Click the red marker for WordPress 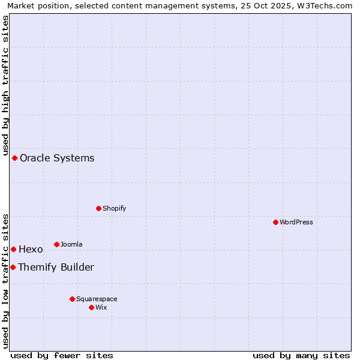tap(275, 222)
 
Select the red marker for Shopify tap(98, 208)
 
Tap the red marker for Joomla tap(56, 244)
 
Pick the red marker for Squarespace tap(72, 299)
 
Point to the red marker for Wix tap(91, 307)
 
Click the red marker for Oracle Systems tap(14, 158)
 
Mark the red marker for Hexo tap(13, 249)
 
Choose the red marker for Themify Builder tap(13, 267)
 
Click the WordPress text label tap(296, 222)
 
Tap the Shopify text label tap(115, 208)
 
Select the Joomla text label tap(71, 244)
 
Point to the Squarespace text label tap(97, 299)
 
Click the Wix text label tap(101, 307)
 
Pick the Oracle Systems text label tap(57, 158)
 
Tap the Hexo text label tap(31, 249)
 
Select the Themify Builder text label tap(56, 267)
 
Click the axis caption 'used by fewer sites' tap(62, 355)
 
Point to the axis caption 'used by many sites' tap(301, 355)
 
